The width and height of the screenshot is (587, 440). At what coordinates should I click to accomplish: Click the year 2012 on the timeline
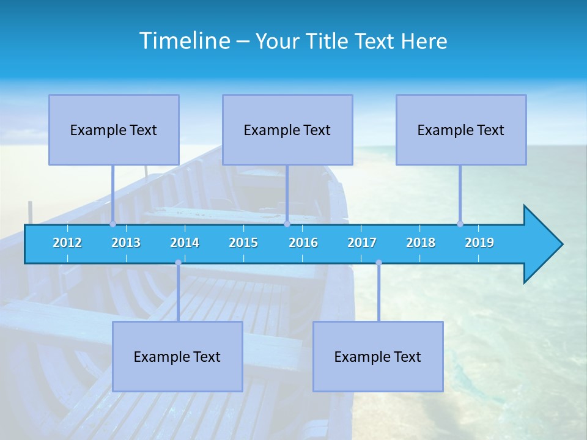(67, 243)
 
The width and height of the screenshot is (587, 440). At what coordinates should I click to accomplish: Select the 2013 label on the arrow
(126, 243)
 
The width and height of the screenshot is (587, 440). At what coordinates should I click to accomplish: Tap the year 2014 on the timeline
(185, 243)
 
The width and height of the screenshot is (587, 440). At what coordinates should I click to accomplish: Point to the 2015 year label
(243, 243)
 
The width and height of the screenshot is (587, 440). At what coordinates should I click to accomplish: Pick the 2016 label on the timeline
(303, 243)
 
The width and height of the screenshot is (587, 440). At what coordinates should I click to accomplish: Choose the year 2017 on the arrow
(362, 243)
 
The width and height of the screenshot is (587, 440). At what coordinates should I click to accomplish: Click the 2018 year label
(421, 243)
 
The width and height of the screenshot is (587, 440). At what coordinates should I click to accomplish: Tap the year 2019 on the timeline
(479, 243)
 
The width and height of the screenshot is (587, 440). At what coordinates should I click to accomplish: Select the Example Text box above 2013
(114, 130)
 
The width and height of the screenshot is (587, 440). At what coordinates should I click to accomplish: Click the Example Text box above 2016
(287, 130)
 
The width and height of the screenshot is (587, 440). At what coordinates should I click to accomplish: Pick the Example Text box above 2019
(461, 130)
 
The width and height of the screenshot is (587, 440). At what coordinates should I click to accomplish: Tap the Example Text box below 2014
(177, 357)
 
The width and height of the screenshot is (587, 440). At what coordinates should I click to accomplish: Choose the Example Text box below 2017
(378, 357)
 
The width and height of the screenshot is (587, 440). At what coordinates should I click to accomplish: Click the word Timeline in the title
(184, 41)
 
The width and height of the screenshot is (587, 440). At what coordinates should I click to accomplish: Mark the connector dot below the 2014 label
(178, 263)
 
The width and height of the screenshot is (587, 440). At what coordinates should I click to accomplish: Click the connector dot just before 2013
(113, 224)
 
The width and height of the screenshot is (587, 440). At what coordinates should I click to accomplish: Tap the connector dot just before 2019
(460, 224)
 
